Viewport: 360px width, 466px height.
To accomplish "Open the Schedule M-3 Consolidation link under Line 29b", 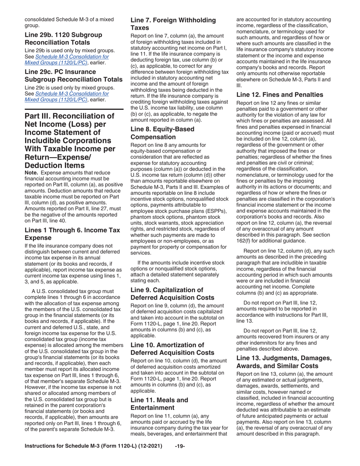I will pyautogui.click(x=67, y=57).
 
